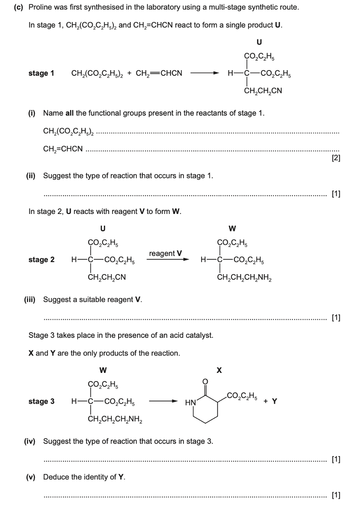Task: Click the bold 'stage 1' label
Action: click(x=41, y=73)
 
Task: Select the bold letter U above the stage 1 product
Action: click(x=259, y=42)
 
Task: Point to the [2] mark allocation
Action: click(x=336, y=159)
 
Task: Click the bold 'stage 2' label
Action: click(x=41, y=260)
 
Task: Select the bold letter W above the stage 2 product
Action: click(x=233, y=228)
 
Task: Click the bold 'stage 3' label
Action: click(x=41, y=401)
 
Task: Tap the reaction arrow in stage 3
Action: click(x=163, y=401)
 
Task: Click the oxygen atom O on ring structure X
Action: click(x=206, y=381)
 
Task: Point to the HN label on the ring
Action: click(x=190, y=403)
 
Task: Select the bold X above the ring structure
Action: click(x=219, y=370)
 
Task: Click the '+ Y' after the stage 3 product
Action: click(x=272, y=401)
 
